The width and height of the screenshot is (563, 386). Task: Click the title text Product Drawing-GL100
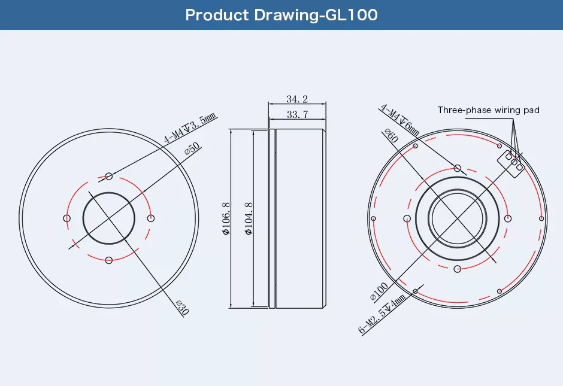pos(281,15)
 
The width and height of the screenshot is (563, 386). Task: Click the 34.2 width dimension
pos(297,99)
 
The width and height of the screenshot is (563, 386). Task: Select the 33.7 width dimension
pos(297,114)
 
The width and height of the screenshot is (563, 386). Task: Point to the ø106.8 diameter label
pos(226,218)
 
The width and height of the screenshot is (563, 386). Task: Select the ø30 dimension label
pos(183,307)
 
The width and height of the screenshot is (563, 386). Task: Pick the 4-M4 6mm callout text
pos(399,120)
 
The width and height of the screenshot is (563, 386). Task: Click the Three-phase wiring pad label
pos(488,110)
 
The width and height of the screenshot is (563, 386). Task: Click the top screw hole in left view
pos(109,176)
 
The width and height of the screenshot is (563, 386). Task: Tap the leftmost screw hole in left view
pos(66,218)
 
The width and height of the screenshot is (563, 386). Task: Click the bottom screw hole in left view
pos(109,260)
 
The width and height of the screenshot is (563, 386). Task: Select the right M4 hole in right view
pos(508,218)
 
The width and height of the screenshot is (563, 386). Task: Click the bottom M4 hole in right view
pos(458,268)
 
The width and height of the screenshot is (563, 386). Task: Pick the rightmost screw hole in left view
pos(151,218)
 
